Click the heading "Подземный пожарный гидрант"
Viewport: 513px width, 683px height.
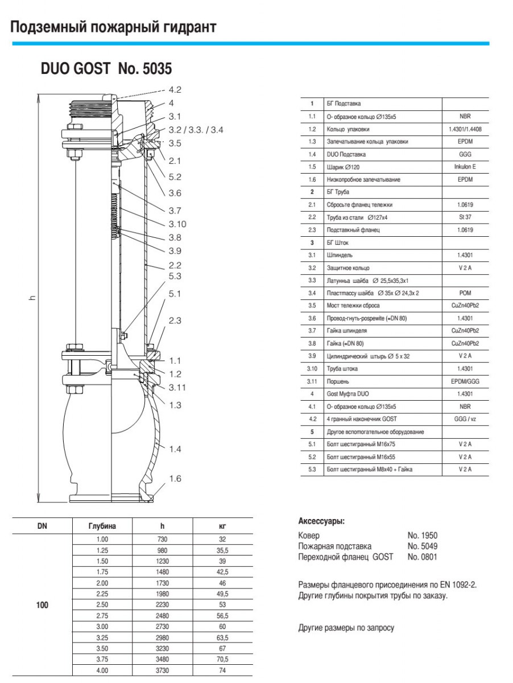pos(113,27)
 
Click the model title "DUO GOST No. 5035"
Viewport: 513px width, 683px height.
pos(106,69)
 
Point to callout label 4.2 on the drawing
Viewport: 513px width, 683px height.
pos(175,89)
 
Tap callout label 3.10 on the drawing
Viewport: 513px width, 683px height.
pos(177,224)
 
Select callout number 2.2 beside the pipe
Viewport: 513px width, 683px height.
pos(175,265)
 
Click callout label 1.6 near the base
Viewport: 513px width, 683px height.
pos(175,479)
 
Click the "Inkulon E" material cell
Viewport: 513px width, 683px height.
pos(465,167)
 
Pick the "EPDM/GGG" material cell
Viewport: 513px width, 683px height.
pos(465,381)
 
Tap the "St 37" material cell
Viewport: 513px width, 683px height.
pos(465,217)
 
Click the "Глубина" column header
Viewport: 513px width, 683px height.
pos(102,526)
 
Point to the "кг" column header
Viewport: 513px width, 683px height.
pos(222,526)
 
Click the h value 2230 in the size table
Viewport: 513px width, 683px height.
pos(162,604)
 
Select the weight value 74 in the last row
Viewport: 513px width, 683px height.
pos(222,671)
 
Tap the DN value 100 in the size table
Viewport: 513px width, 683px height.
pos(42,604)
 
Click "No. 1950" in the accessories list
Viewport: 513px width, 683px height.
pos(423,536)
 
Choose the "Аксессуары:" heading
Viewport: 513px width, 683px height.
pos(321,521)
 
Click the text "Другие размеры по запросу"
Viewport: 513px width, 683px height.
pos(346,628)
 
